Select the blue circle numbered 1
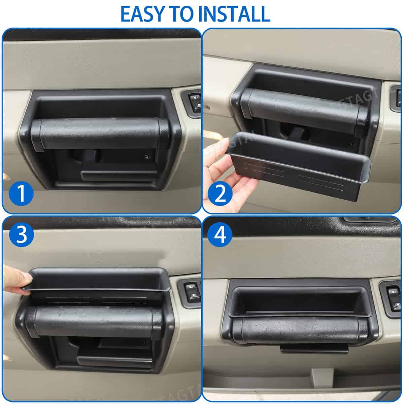pyautogui.click(x=21, y=194)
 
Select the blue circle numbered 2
pyautogui.click(x=220, y=194)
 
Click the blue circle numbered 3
pyautogui.click(x=22, y=234)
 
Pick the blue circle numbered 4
pyautogui.click(x=220, y=234)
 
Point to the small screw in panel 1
pyautogui.click(x=146, y=156)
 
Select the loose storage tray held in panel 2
pyautogui.click(x=298, y=166)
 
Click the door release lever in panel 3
pyautogui.click(x=115, y=360)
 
